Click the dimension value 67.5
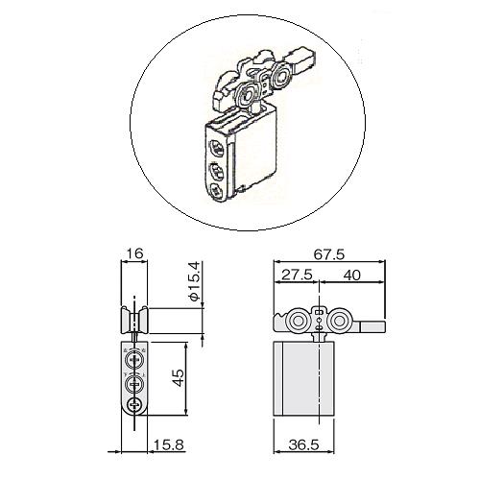pyautogui.click(x=328, y=254)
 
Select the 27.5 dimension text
pyautogui.click(x=297, y=275)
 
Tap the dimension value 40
pyautogui.click(x=352, y=275)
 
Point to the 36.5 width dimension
pyautogui.click(x=304, y=444)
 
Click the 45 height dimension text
pyautogui.click(x=178, y=378)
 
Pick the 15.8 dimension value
pyautogui.click(x=169, y=444)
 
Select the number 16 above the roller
pyautogui.click(x=134, y=253)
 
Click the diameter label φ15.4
pyautogui.click(x=195, y=281)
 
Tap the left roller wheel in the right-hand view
pyautogui.click(x=298, y=321)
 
